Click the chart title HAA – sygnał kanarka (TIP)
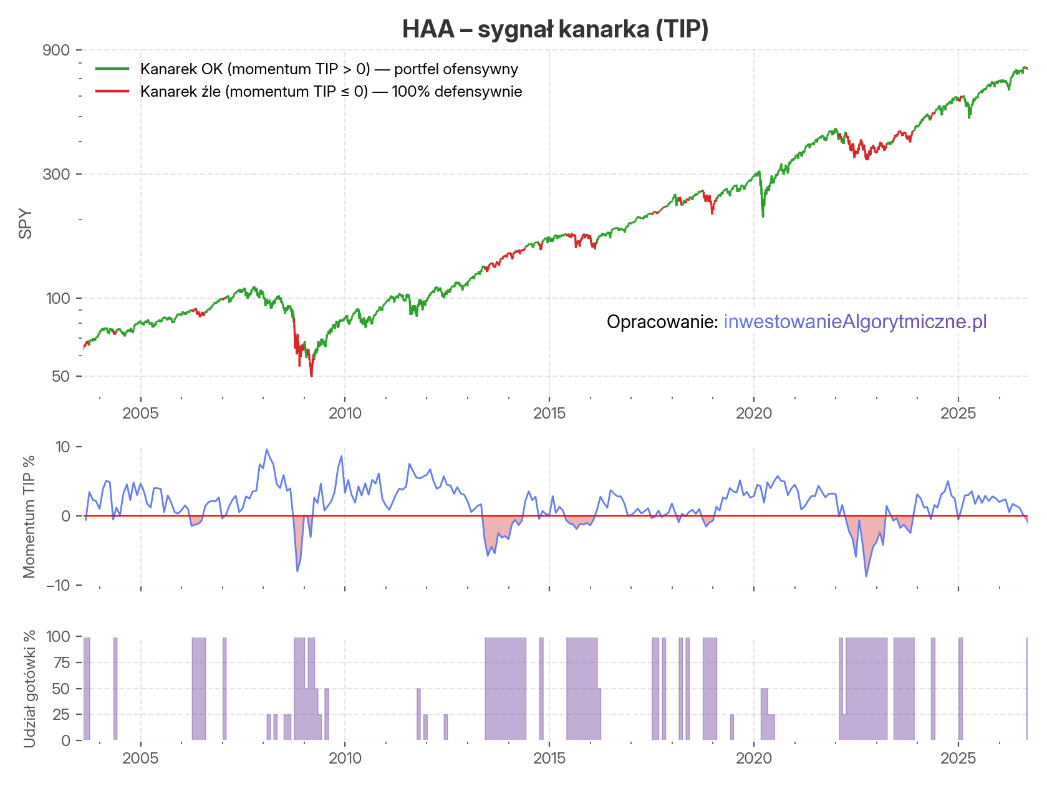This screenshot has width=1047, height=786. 555,29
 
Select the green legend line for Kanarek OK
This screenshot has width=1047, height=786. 112,69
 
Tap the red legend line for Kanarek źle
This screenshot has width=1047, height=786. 112,91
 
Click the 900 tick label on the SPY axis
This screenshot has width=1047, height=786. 55,50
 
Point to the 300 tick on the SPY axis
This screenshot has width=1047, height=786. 55,174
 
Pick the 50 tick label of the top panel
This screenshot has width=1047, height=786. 60,376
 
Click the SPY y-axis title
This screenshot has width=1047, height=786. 26,223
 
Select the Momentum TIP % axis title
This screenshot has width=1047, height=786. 29,517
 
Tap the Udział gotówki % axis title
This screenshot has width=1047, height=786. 29,689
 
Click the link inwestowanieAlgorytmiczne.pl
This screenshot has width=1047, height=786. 855,322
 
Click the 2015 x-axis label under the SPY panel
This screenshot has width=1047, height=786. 549,413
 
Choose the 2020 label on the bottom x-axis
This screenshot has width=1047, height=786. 754,759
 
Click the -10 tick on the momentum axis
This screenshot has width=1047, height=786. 58,585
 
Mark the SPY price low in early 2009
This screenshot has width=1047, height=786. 311,376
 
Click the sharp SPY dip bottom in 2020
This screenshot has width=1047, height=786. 763,216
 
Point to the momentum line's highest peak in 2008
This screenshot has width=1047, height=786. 267,449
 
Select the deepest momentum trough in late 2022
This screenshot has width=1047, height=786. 866,576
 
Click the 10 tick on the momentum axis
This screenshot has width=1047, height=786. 62,447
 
